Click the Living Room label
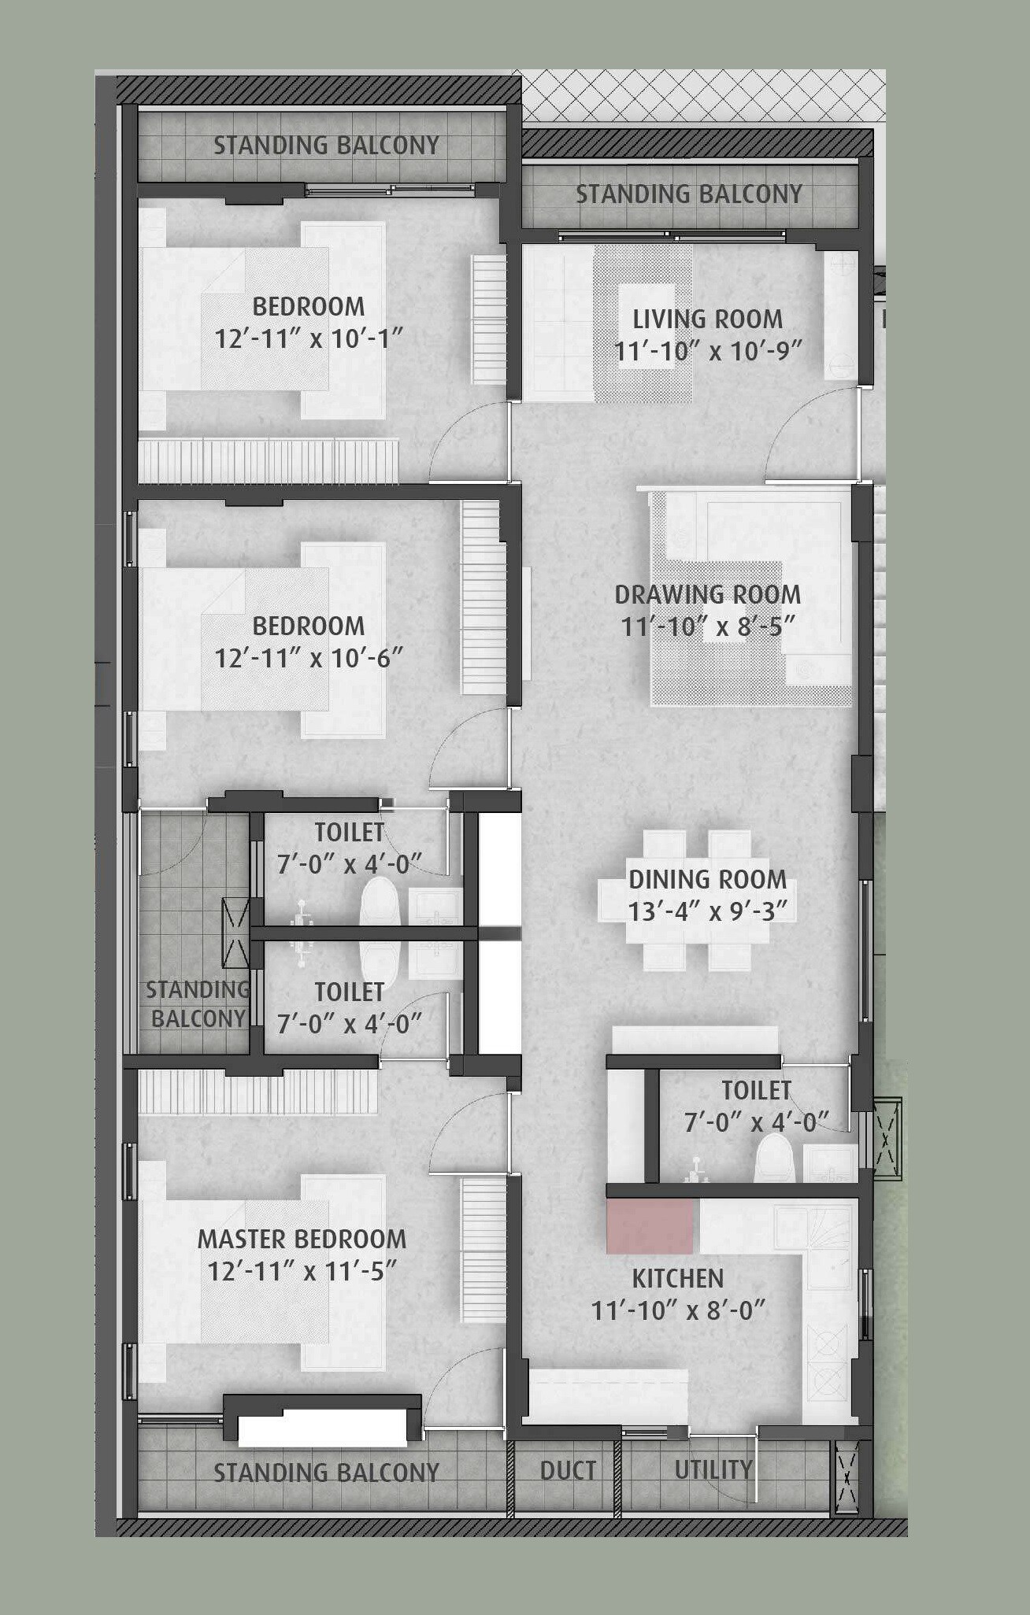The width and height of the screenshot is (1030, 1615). (x=707, y=319)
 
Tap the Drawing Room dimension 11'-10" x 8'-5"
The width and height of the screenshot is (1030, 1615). (x=707, y=627)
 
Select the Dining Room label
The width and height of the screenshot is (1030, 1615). (x=707, y=879)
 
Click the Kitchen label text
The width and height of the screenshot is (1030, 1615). (x=678, y=1278)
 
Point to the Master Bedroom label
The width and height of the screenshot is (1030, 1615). (x=302, y=1239)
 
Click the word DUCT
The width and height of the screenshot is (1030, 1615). (x=568, y=1470)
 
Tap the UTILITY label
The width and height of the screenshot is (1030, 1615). (x=713, y=1469)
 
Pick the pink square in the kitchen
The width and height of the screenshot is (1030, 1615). (x=650, y=1227)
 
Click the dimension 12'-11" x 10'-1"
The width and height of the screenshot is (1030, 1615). (x=309, y=339)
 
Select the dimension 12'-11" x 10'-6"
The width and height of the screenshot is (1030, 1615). (x=309, y=658)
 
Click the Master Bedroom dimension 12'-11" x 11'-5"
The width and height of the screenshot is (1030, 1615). (x=302, y=1271)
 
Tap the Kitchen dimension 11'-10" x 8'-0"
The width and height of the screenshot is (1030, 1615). (x=678, y=1310)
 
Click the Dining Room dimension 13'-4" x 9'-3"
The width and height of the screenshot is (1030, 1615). (x=707, y=911)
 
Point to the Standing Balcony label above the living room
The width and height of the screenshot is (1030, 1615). (x=689, y=194)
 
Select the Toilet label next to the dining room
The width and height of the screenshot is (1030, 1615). (x=756, y=1090)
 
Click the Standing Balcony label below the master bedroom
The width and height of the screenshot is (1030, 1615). (x=326, y=1473)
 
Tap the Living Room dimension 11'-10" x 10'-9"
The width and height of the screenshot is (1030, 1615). (x=707, y=351)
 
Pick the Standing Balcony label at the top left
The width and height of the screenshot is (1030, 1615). (x=326, y=146)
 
